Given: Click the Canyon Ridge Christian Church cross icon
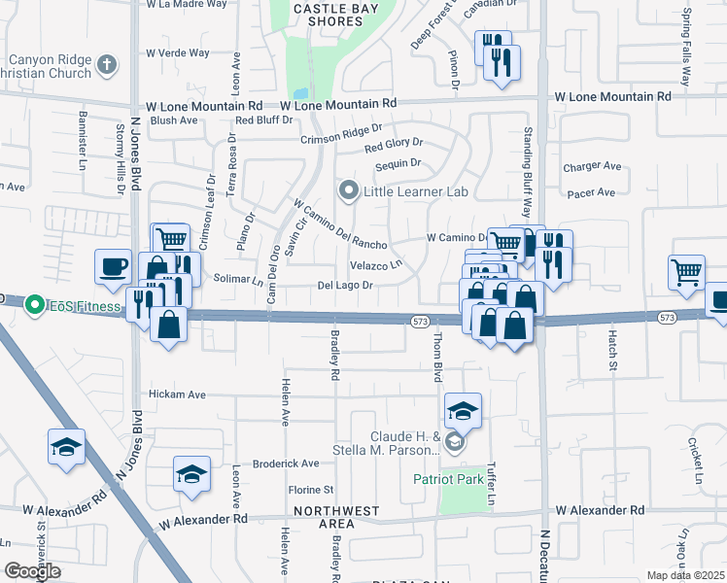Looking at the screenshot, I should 107,66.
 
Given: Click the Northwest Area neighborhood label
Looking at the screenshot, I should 336,517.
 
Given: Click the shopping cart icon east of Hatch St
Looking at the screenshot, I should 686,272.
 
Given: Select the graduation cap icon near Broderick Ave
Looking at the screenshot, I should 191,474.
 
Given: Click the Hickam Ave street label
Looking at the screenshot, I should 177,394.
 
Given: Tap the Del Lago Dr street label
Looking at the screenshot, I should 345,286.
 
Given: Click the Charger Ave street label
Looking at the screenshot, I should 592,167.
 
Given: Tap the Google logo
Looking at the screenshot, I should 33,571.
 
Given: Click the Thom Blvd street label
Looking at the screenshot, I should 438,358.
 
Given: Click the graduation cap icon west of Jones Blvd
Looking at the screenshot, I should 66,448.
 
